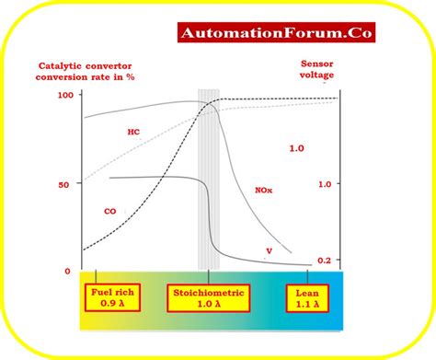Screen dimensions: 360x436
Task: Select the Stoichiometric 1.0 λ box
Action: point(211,298)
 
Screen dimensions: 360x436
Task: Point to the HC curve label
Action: point(133,133)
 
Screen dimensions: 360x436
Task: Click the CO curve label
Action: point(109,211)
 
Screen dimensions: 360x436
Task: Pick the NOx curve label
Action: point(264,191)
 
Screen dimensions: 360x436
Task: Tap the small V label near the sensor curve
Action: point(269,250)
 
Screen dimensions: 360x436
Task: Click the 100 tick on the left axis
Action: point(64,95)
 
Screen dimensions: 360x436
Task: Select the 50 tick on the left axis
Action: point(64,184)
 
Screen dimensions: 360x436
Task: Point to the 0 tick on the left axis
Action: point(66,271)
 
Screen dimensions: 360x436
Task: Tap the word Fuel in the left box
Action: point(101,292)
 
